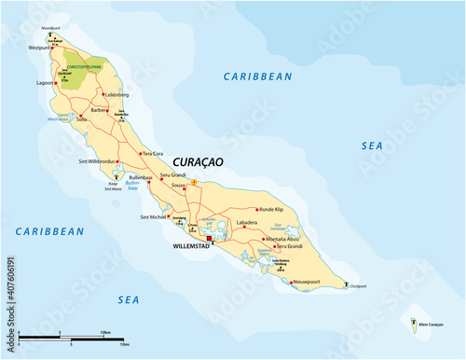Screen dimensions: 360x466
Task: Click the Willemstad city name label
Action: (x=192, y=249)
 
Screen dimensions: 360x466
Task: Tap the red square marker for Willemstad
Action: (x=211, y=239)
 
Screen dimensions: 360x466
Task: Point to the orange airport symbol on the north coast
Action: (x=194, y=182)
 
